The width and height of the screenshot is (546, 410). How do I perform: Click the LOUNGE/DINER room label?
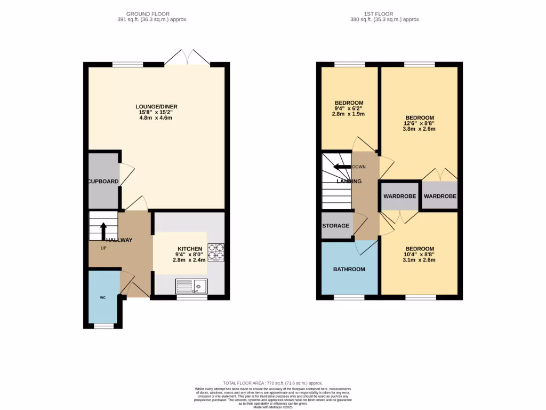[x=156, y=107]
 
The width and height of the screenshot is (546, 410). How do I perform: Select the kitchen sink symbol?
[x=191, y=287]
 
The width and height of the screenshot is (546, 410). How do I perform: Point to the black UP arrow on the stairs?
[x=103, y=230]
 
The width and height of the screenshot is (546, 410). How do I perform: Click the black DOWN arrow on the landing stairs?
[x=340, y=167]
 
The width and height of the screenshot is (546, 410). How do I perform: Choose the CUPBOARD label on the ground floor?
[x=103, y=182]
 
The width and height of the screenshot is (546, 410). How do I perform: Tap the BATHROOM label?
[x=349, y=269]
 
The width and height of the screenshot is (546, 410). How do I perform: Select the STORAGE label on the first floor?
[x=335, y=226]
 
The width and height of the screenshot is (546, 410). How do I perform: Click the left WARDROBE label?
[x=399, y=196]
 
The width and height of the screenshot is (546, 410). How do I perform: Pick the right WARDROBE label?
[x=440, y=196]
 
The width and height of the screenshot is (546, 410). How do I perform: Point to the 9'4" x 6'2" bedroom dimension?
[x=349, y=108]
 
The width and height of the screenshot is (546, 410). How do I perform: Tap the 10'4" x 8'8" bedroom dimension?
[x=420, y=255]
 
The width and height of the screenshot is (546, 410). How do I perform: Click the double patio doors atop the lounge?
[x=187, y=58]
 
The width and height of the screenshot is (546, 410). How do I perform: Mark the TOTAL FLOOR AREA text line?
[x=272, y=383]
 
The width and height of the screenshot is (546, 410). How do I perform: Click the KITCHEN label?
[x=190, y=249]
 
